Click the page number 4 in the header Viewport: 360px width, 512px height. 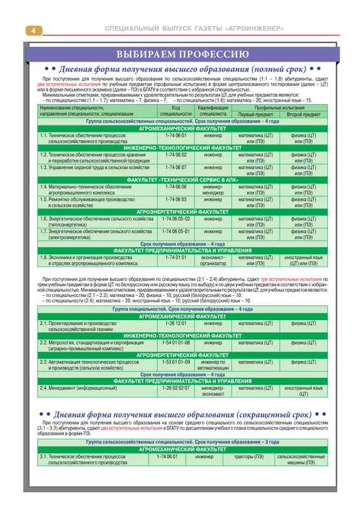coord(33,30)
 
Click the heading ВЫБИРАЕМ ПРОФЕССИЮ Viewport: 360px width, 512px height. coord(180,53)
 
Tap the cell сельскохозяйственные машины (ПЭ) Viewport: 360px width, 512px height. coord(301,460)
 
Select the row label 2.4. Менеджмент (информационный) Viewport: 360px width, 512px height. coord(77,388)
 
